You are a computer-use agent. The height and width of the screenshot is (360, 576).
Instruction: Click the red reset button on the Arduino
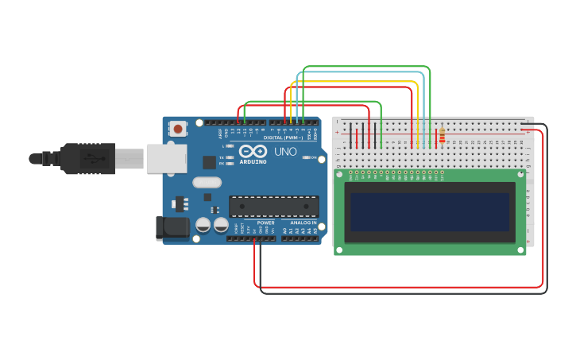178,128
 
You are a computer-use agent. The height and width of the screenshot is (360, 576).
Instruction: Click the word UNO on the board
285,151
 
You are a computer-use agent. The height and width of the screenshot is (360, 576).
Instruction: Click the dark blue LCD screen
430,211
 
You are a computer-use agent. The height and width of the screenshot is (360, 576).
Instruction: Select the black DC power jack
172,228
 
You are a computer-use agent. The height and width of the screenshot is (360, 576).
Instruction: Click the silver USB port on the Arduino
166,158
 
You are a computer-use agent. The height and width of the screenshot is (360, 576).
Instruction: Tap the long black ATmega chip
273,207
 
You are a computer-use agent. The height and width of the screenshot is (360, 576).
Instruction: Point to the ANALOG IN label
302,223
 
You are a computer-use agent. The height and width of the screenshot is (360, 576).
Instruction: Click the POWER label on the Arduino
265,223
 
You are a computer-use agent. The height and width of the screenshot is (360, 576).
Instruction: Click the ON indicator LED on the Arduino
308,157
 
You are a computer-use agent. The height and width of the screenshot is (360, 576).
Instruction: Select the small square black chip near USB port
209,162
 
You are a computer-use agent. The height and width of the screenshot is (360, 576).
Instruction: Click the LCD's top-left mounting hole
340,174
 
